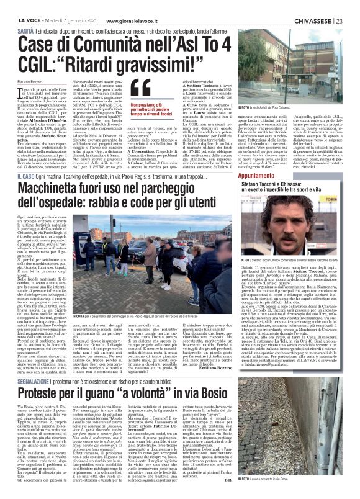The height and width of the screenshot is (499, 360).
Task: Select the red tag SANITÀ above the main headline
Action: coord(25,30)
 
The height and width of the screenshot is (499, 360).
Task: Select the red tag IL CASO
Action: coord(25,161)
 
